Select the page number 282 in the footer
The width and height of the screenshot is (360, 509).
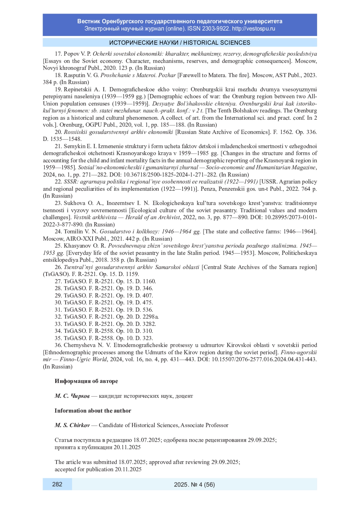pos(57,484)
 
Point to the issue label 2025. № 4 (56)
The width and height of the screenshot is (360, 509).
pos(194,484)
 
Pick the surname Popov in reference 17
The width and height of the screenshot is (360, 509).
pos(71,54)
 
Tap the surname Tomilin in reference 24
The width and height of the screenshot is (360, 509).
pos(73,232)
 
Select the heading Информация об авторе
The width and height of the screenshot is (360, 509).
pos(86,381)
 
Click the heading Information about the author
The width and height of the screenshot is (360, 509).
pos(93,411)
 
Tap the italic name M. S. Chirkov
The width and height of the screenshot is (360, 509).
pos(72,425)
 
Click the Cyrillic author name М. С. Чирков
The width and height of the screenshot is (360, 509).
pos(72,396)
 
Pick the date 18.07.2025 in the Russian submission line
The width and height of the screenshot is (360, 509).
pos(147,440)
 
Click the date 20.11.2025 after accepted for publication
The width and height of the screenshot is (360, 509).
pos(128,469)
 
